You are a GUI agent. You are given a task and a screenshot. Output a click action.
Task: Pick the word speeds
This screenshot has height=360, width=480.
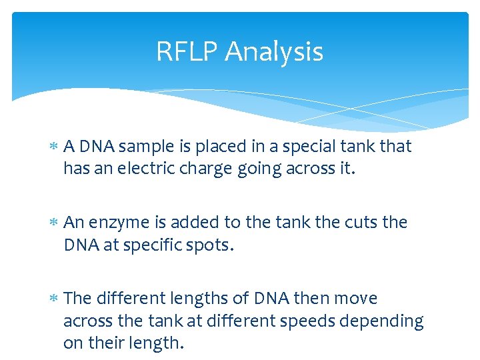[302, 321]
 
